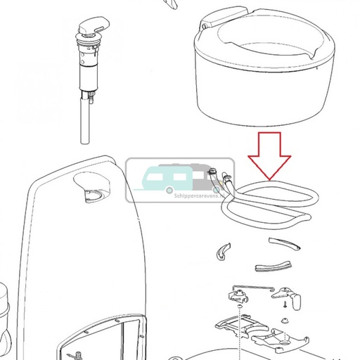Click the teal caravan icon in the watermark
[163, 180]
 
